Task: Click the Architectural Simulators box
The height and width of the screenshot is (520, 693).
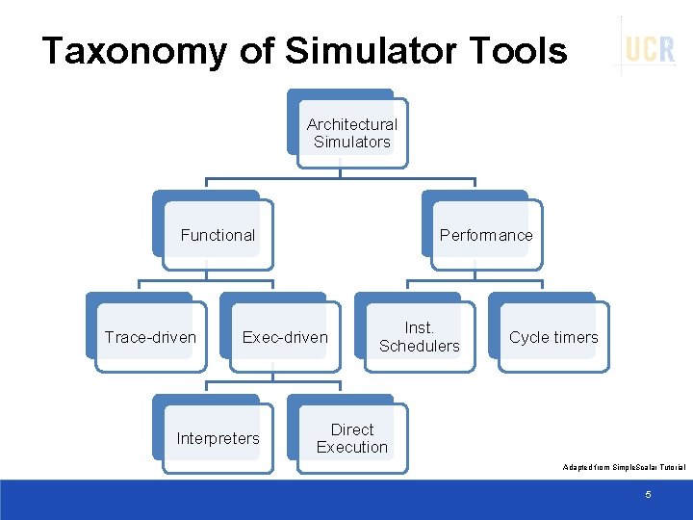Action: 351,133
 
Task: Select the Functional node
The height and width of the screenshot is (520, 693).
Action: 218,235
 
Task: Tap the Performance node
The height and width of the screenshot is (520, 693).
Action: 485,235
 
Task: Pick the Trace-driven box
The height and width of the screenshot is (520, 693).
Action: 150,337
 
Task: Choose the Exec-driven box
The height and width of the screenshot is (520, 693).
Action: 285,337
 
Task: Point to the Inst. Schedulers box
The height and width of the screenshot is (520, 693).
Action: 419,337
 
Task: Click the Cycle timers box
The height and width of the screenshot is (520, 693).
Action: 553,337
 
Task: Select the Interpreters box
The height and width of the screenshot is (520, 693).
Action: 218,439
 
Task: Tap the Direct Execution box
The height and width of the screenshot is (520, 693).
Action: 351,438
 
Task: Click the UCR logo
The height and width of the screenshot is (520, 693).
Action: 650,48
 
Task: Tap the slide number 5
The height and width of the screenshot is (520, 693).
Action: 648,494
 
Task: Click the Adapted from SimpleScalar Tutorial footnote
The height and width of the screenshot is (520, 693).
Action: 624,467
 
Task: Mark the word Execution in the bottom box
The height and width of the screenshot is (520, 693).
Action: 351,448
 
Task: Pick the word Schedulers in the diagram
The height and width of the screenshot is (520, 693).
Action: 419,347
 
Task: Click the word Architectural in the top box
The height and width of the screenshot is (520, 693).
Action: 351,124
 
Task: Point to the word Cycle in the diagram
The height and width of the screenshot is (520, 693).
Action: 528,337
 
